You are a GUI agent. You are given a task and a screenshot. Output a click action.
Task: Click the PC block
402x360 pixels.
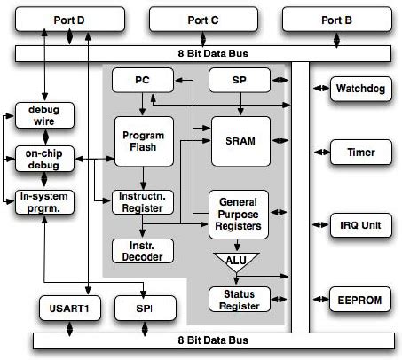141,80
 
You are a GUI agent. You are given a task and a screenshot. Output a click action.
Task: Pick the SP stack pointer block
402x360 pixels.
240,80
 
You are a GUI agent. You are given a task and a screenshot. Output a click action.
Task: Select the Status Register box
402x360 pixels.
240,300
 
